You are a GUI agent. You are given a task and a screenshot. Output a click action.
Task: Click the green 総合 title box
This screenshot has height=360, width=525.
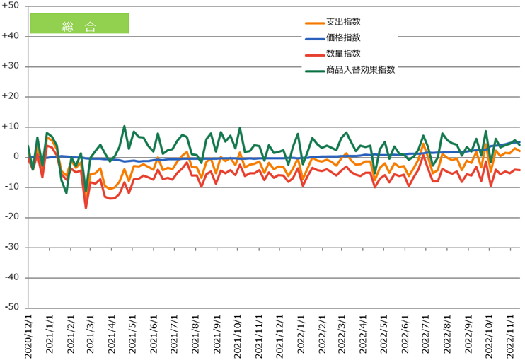point(79,24)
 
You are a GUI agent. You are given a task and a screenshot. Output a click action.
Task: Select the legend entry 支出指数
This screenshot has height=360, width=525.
point(343,22)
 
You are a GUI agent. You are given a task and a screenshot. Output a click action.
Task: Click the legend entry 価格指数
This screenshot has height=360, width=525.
point(343,37)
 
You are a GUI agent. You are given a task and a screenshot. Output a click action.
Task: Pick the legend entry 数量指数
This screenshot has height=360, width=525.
point(343,53)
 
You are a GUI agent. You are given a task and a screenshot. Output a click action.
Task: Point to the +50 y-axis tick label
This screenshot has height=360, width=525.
point(13,6)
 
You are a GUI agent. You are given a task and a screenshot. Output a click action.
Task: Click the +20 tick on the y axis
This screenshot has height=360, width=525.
point(13,96)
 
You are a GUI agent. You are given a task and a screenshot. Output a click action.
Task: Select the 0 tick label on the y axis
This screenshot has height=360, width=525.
point(17,156)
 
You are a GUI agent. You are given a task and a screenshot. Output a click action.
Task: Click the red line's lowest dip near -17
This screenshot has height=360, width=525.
point(86,207)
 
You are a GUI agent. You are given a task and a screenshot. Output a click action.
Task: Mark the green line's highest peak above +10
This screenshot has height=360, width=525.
point(125,127)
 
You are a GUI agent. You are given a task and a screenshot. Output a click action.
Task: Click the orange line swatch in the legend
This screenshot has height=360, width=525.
point(313,23)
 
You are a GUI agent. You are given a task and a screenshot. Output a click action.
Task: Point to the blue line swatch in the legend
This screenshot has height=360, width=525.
point(313,38)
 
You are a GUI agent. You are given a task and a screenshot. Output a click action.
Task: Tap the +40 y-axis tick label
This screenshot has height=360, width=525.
point(13,36)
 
